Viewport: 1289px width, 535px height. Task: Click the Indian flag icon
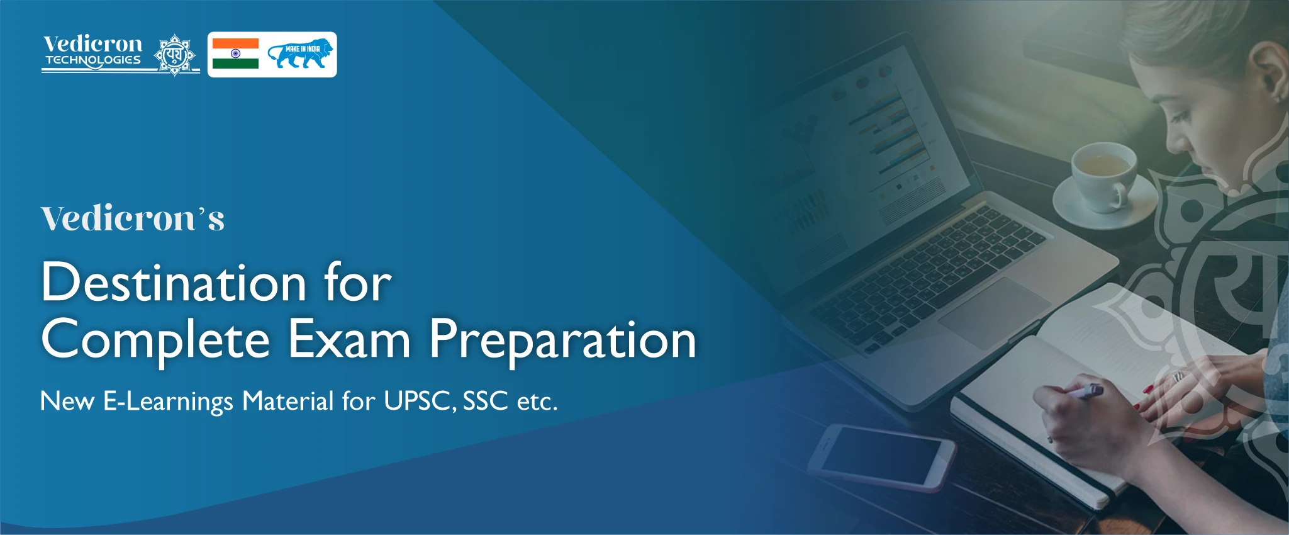click(x=235, y=53)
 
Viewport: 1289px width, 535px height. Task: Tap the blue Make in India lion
click(x=299, y=55)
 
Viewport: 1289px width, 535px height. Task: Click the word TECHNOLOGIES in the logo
click(x=93, y=60)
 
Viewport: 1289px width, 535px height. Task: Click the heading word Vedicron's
click(x=133, y=218)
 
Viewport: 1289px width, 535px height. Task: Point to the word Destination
click(x=174, y=283)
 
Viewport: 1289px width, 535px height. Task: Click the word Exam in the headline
click(x=350, y=339)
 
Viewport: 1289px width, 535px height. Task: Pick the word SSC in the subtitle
click(x=485, y=401)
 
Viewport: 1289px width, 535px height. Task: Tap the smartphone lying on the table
click(x=881, y=457)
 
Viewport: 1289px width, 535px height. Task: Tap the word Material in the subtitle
click(x=288, y=401)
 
